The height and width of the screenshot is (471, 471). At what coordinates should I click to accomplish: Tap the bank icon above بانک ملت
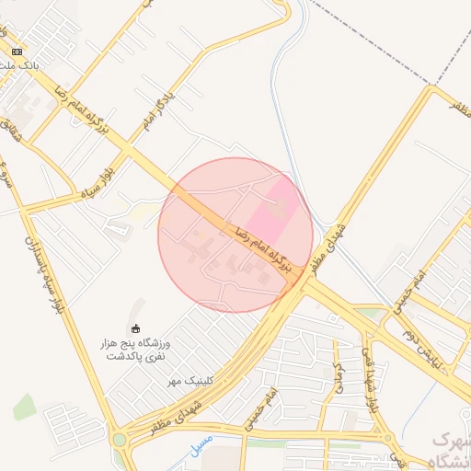tap(17, 52)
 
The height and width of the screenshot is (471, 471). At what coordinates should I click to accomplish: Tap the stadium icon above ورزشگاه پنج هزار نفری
tap(137, 328)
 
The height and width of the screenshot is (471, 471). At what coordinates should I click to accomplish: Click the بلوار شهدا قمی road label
tap(369, 378)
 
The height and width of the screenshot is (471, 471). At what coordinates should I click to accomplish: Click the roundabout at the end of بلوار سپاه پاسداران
tap(120, 439)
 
